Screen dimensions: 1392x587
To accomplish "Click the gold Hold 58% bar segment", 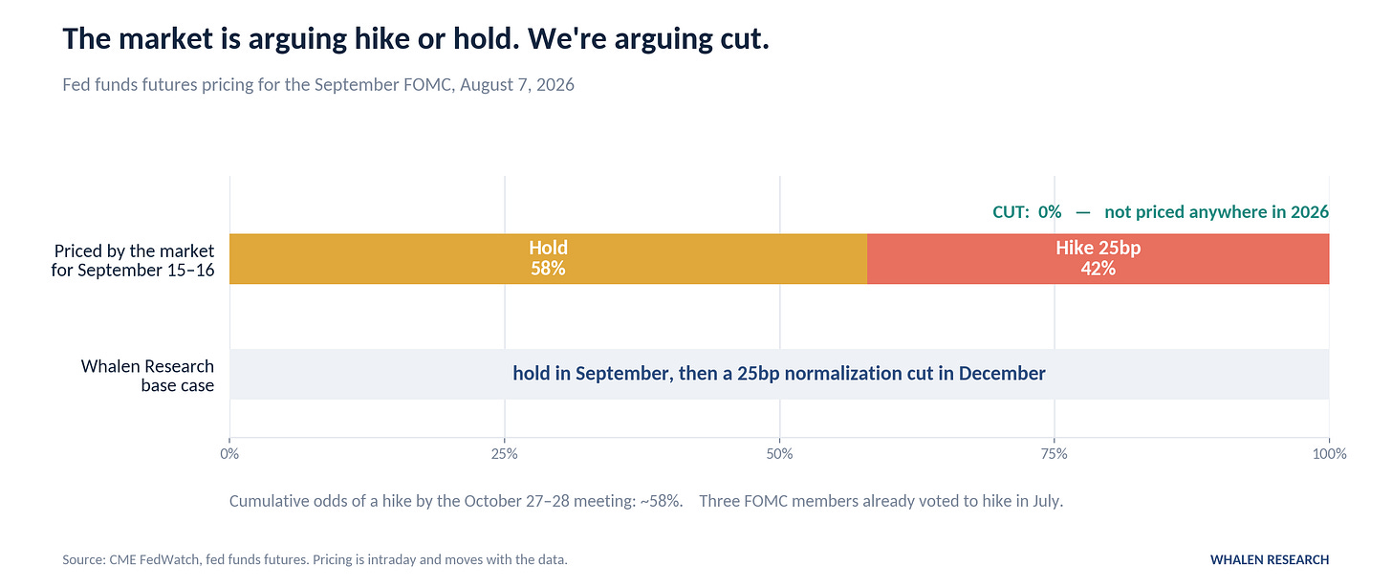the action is pos(548,258).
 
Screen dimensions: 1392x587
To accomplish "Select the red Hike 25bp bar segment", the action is pos(1098,258).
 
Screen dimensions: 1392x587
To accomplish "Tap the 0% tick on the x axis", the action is pos(229,454).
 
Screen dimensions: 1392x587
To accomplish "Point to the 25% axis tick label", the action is pos(505,454).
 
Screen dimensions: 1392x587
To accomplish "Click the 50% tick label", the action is pos(779,454).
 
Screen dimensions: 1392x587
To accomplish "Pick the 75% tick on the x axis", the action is pos(1054,454).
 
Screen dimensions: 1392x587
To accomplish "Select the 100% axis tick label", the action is pos(1329,454).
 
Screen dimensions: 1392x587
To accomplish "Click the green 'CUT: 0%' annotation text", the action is pos(1027,212).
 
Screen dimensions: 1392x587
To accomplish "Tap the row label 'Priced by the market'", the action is pos(134,250).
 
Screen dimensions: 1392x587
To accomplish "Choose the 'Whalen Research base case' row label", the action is pos(147,375).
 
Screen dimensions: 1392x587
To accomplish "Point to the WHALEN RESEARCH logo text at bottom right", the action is pos(1270,559).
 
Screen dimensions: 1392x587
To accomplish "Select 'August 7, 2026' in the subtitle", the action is pos(517,84).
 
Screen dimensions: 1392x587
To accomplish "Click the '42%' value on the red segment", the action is pos(1098,269).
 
